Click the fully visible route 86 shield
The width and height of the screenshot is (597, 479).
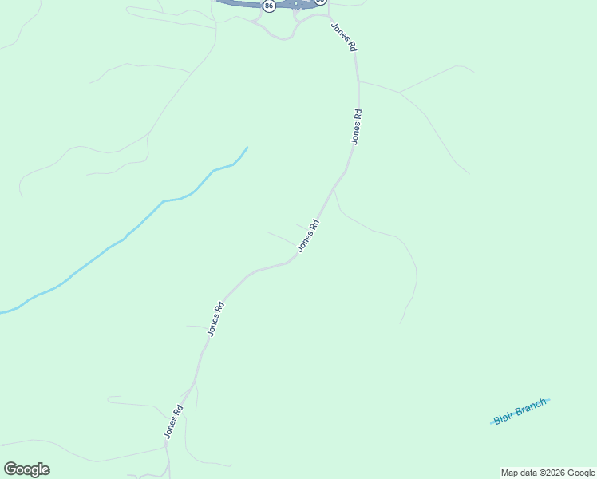269,6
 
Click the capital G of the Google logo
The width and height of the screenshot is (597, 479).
10,469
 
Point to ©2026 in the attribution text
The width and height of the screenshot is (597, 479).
553,473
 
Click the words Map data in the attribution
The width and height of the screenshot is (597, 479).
520,473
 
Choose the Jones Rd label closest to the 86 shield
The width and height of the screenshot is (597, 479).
344,37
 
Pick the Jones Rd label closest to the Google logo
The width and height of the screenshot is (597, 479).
174,422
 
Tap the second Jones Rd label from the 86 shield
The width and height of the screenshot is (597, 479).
357,126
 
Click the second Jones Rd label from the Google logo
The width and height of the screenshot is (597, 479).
215,318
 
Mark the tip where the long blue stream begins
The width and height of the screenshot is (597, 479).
247,148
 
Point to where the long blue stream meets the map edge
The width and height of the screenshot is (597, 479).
2,312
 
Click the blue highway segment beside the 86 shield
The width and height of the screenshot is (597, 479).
239,3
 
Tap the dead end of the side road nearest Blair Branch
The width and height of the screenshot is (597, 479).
401,323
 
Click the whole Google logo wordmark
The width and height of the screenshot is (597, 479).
27,469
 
